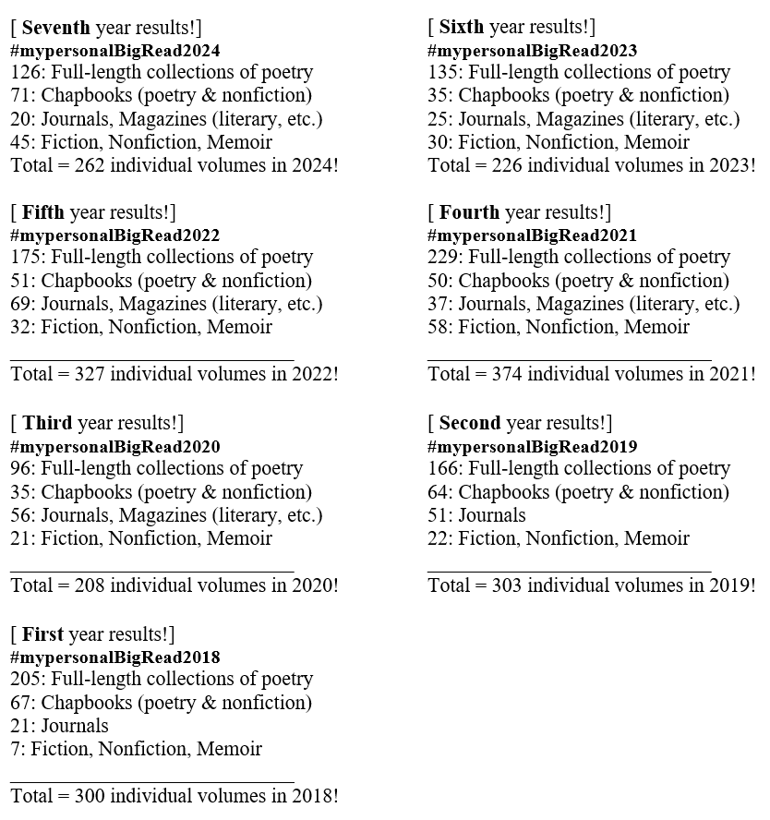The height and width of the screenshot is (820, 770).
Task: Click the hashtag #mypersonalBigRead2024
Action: [115, 51]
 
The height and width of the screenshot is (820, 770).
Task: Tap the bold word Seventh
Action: [56, 27]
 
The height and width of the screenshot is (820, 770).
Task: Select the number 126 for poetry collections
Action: [26, 73]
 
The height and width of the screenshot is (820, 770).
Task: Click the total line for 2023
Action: [592, 166]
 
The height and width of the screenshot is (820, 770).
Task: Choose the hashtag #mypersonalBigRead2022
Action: [115, 235]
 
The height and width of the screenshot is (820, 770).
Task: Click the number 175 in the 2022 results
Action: [26, 258]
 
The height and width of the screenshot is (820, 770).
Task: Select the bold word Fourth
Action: [470, 213]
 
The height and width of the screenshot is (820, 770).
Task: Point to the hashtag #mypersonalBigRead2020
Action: [115, 447]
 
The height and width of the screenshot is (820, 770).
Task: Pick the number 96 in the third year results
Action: [21, 469]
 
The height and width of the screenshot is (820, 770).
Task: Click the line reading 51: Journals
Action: [476, 515]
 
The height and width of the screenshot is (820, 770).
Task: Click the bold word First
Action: [43, 634]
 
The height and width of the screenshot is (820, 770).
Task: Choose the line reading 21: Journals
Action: [59, 726]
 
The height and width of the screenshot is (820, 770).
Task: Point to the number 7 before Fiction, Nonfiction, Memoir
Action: [15, 749]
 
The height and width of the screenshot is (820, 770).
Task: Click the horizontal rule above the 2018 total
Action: [152, 781]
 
